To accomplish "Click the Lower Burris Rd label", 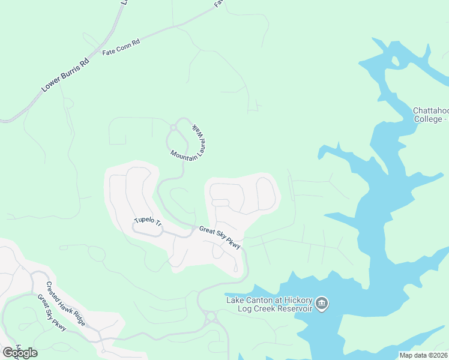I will point(65,75).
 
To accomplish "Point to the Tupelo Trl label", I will point(148,223).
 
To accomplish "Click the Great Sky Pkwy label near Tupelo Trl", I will point(220,237).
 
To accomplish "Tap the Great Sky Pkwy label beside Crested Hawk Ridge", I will point(51,313).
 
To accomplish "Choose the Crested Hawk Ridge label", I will point(66,304).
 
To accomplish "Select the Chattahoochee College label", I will point(430,115).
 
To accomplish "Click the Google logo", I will point(20,353).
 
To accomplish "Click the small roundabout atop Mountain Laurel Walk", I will point(173,127).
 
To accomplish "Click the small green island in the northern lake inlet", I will point(394,61).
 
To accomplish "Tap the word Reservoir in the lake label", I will point(294,308).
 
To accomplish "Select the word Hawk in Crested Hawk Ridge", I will point(67,304).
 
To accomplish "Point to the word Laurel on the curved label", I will point(197,142).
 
